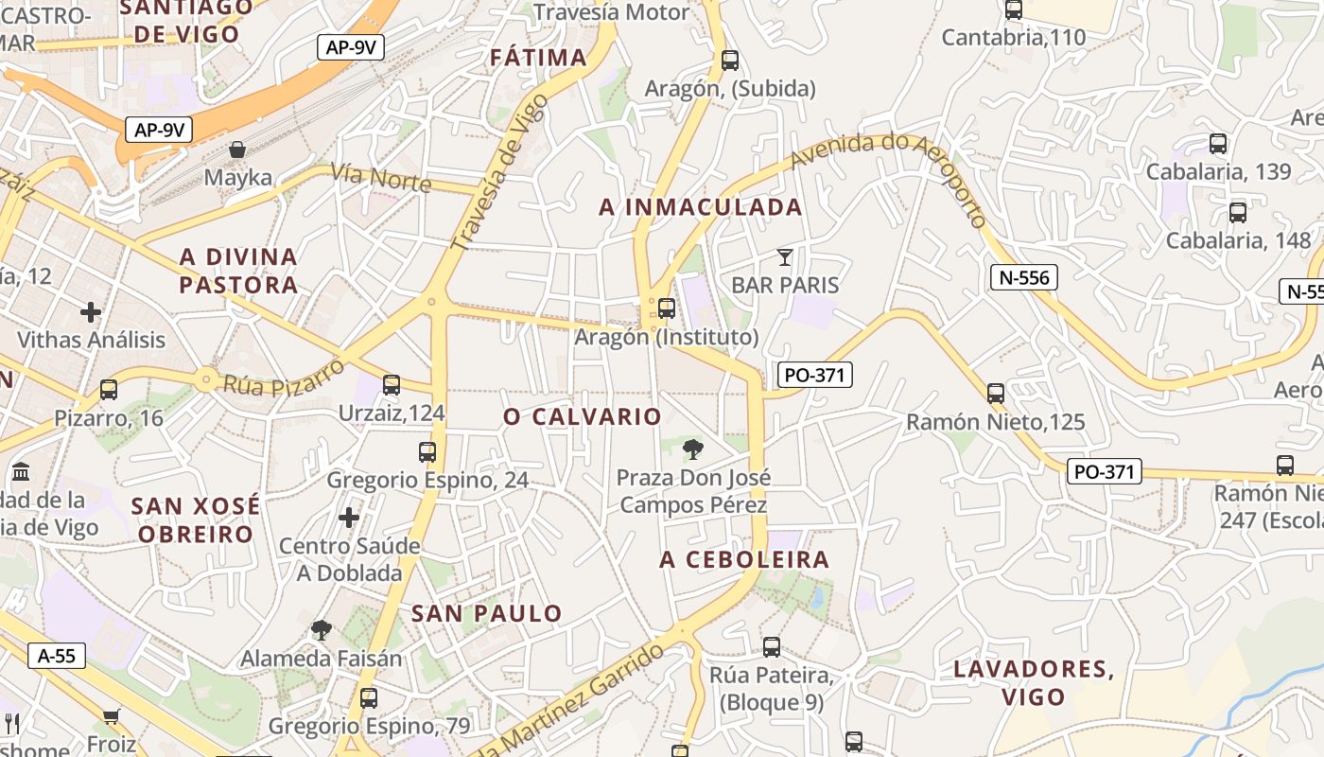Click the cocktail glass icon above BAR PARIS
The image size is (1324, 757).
tap(784, 256)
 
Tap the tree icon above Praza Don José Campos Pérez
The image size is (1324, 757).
tap(693, 449)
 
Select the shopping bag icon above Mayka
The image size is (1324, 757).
tap(237, 150)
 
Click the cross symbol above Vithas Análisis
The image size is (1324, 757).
tap(91, 311)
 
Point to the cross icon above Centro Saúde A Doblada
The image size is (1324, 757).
tap(349, 518)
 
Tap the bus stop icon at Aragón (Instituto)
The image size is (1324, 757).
tap(667, 308)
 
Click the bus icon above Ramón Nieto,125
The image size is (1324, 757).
tap(995, 393)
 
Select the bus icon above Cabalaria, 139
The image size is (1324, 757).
tap(1218, 144)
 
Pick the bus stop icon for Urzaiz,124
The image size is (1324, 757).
tap(392, 384)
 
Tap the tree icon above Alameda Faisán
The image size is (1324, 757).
tap(322, 629)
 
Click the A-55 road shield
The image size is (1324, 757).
tap(57, 656)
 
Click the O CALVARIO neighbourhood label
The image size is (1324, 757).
tap(583, 416)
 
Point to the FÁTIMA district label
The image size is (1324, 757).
tap(538, 58)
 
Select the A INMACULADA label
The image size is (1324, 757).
tap(701, 207)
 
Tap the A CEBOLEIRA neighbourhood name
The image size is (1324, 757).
tap(744, 559)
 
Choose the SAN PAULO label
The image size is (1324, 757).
tap(487, 613)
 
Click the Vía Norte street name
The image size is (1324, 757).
tap(381, 177)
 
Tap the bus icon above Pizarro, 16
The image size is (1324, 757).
tap(109, 389)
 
